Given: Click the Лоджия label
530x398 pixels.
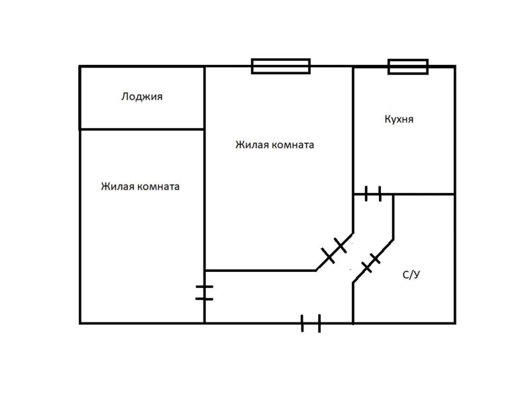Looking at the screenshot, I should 142,97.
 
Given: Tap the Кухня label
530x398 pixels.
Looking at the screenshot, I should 399,119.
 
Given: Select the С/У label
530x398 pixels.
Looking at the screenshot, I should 411,275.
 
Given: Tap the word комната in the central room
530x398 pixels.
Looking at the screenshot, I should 292,145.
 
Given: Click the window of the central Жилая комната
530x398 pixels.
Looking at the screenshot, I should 281,66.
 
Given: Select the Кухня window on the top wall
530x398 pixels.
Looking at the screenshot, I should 407,66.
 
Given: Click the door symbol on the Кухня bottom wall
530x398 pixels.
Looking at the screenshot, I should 373,194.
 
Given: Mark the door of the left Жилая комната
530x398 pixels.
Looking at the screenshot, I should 204,292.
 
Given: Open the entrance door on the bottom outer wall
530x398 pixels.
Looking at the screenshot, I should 311,323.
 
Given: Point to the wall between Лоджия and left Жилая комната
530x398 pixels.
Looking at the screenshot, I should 142,129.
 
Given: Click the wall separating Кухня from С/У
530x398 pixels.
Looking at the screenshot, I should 424,194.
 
